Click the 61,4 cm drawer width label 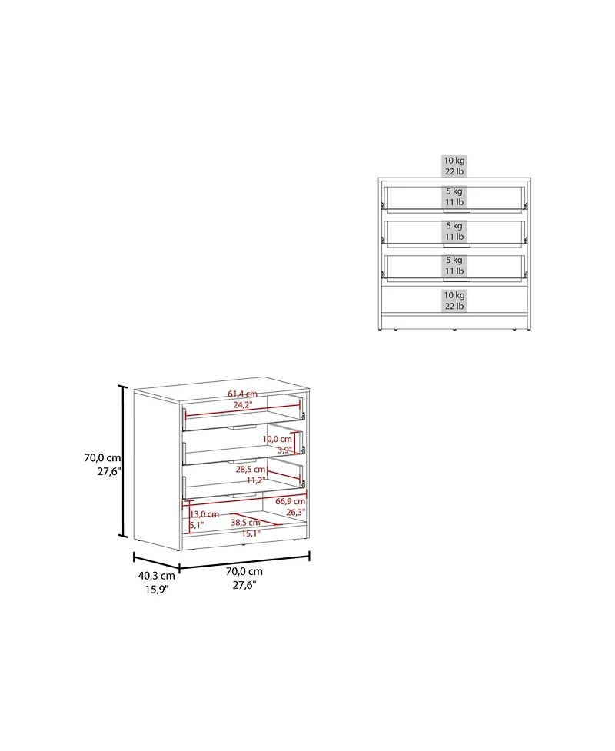pyautogui.click(x=242, y=394)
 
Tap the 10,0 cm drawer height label pyautogui.click(x=277, y=439)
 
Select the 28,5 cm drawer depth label pyautogui.click(x=251, y=470)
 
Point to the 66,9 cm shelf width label pyautogui.click(x=291, y=501)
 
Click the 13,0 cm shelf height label pyautogui.click(x=204, y=514)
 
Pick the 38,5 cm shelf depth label pyautogui.click(x=245, y=523)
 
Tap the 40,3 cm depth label pyautogui.click(x=157, y=576)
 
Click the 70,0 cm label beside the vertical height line pyautogui.click(x=102, y=458)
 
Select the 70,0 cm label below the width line pyautogui.click(x=244, y=571)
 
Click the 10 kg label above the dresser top pyautogui.click(x=454, y=161)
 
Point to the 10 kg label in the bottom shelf pyautogui.click(x=454, y=295)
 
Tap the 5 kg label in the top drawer pyautogui.click(x=454, y=191)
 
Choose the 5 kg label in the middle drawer pyautogui.click(x=454, y=225)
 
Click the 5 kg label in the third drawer pyautogui.click(x=454, y=260)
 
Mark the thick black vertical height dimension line pyautogui.click(x=123, y=460)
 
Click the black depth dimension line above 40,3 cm pyautogui.click(x=156, y=563)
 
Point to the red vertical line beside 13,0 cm pyautogui.click(x=191, y=516)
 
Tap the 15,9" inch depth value pyautogui.click(x=157, y=589)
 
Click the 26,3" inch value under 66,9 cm pyautogui.click(x=295, y=513)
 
